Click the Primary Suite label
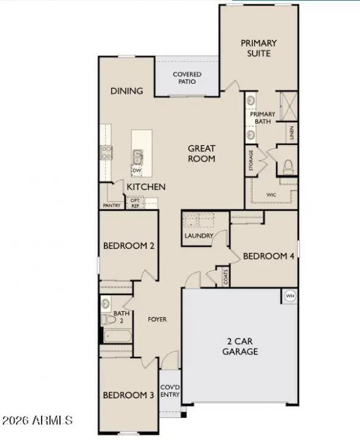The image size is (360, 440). (259, 48)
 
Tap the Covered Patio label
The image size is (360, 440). (186, 78)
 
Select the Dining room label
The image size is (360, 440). (127, 91)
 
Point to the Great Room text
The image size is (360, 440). (201, 153)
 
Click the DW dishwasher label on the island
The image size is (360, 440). (138, 170)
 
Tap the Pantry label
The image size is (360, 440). (112, 206)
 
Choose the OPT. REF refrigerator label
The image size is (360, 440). (135, 203)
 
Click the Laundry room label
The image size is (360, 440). (199, 236)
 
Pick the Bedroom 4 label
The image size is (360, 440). (269, 256)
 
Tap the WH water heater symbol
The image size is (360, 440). (290, 296)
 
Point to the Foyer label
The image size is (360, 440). (157, 320)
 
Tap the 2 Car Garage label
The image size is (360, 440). (240, 346)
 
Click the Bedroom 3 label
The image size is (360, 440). (128, 395)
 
